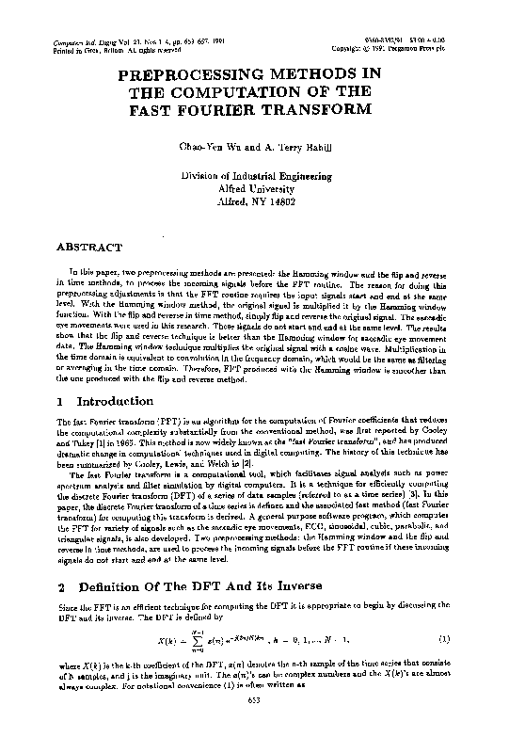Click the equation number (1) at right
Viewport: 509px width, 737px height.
tap(443, 640)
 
